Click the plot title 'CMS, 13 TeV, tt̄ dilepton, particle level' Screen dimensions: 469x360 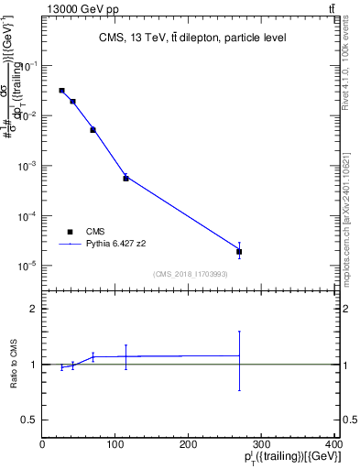192,38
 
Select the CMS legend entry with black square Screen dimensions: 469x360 70,233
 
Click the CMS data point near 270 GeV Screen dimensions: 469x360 239,251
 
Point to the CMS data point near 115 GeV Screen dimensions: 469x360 125,178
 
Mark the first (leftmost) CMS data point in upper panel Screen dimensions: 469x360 61,91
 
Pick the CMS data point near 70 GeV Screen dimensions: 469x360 93,130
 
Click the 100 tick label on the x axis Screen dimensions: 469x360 115,444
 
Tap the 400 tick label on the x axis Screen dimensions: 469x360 335,444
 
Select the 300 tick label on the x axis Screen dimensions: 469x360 261,444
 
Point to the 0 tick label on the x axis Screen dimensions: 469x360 42,444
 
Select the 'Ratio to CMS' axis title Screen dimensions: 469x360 13,364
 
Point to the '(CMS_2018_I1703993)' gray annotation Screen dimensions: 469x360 191,274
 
